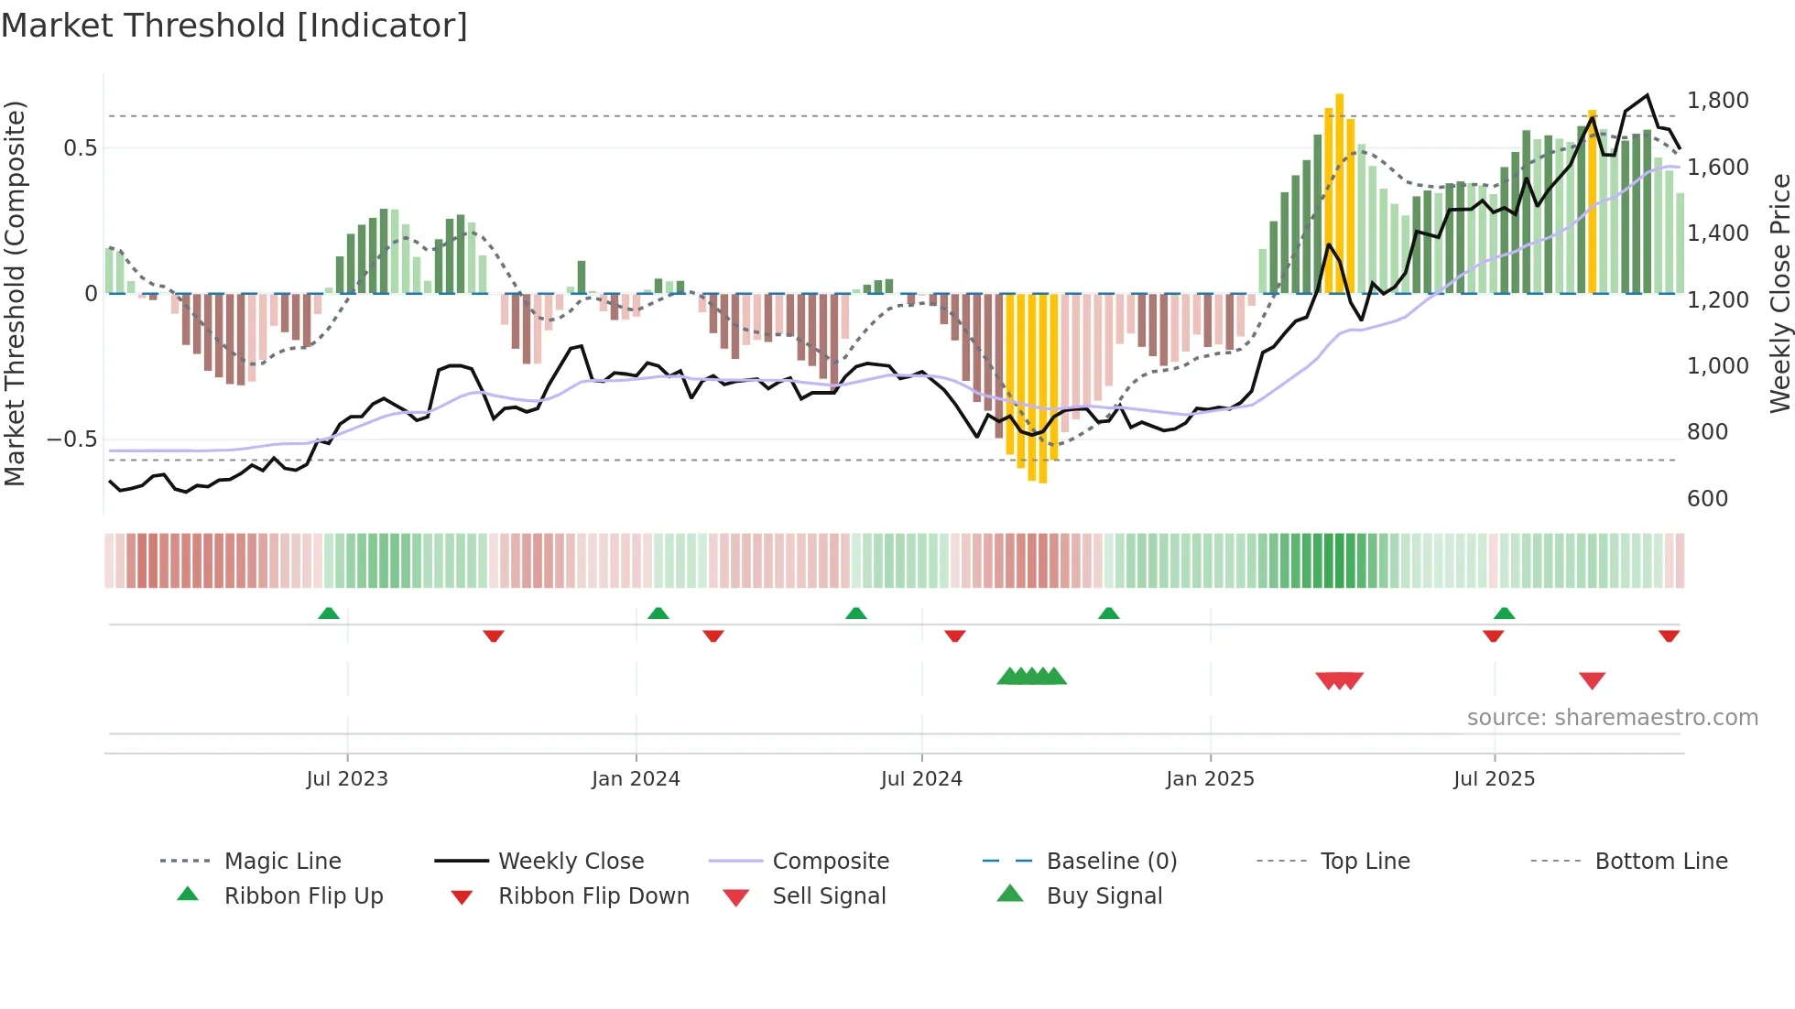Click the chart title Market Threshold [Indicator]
(234, 26)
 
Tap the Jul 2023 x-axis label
(347, 779)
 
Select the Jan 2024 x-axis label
(636, 779)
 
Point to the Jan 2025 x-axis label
(1210, 779)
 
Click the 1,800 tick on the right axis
(1717, 101)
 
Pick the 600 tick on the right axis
(1707, 499)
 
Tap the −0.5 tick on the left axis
(72, 439)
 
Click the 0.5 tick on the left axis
(80, 148)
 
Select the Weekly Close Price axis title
(1779, 293)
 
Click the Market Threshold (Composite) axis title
(15, 293)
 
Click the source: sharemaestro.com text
(1612, 718)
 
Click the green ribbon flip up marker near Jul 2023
(329, 613)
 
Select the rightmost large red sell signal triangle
(1592, 680)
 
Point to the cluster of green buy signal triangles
(1032, 677)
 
